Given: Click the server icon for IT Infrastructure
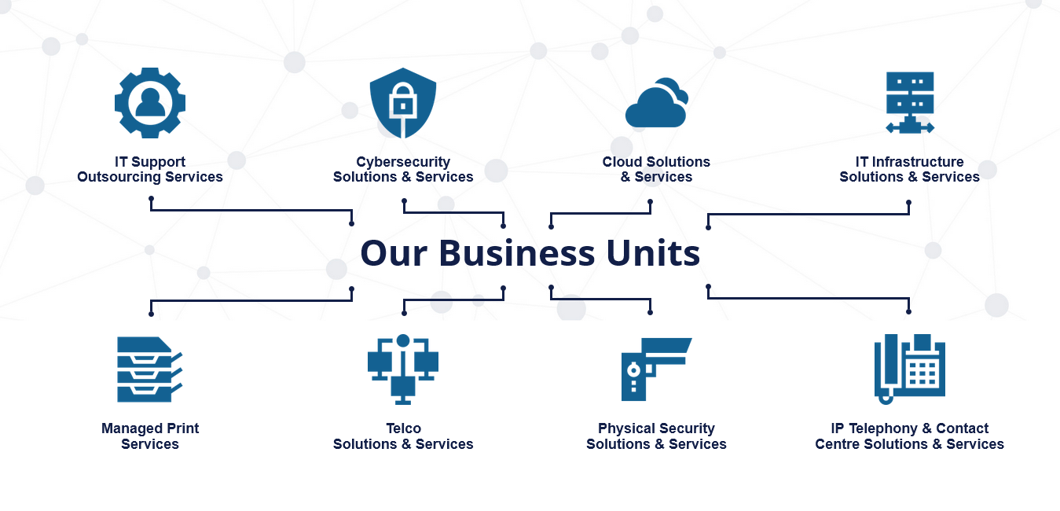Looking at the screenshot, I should [909, 102].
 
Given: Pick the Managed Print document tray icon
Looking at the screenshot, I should [149, 369].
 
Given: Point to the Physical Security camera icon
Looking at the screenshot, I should [655, 369].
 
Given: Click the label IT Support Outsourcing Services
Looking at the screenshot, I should [150, 170].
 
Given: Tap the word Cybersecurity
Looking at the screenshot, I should [403, 162].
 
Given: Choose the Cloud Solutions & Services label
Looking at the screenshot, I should [656, 170].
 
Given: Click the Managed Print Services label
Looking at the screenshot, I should [150, 436].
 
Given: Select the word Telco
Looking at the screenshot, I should [403, 428].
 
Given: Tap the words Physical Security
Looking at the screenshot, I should [656, 428].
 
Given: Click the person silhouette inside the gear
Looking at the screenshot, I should [150, 103].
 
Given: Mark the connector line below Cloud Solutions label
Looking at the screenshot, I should [600, 213].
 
